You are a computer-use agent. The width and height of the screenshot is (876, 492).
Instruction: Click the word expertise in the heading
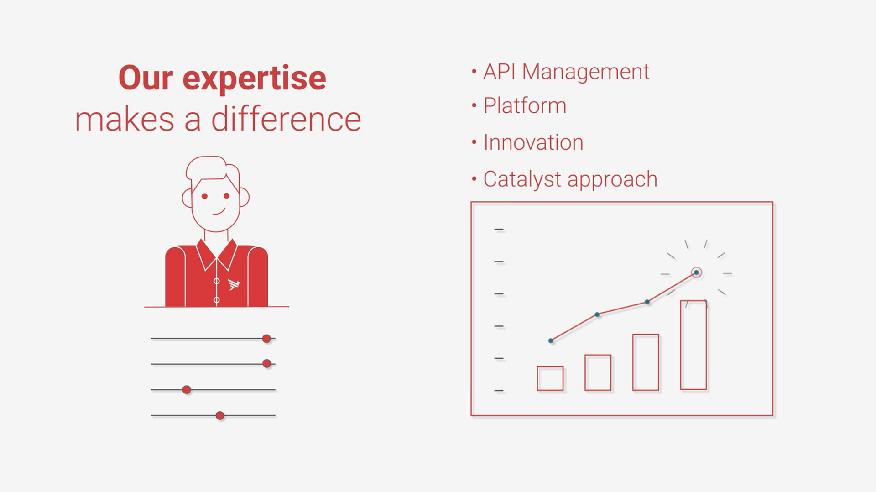(254, 79)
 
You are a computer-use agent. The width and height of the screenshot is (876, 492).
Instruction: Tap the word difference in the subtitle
(286, 120)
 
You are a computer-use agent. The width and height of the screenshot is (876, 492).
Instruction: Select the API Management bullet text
(566, 72)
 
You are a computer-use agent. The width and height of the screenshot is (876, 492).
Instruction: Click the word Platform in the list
(525, 105)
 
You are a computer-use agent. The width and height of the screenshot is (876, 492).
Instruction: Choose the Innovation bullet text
(533, 142)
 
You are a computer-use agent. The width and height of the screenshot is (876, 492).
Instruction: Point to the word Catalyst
(522, 179)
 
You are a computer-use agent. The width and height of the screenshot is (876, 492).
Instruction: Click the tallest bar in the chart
(693, 345)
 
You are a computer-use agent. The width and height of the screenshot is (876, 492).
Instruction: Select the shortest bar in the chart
(550, 378)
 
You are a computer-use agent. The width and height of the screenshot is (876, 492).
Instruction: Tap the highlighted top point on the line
(696, 272)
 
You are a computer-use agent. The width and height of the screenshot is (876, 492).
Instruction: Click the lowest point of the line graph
(551, 340)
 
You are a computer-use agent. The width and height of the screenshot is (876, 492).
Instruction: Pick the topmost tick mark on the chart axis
(499, 229)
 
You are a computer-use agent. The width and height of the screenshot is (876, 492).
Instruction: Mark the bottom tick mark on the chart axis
(499, 391)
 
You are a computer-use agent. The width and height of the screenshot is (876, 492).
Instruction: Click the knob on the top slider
(266, 339)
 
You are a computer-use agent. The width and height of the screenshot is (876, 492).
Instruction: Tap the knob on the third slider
(187, 390)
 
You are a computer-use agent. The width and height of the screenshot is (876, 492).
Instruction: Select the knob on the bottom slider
(220, 415)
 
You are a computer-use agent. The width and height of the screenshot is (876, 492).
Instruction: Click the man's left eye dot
(204, 196)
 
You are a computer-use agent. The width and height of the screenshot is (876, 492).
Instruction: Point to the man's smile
(219, 212)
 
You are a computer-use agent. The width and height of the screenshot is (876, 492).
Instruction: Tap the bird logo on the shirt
(234, 284)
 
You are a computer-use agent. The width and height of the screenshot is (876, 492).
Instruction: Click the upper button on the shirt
(217, 281)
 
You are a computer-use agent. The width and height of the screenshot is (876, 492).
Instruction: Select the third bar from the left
(646, 362)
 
